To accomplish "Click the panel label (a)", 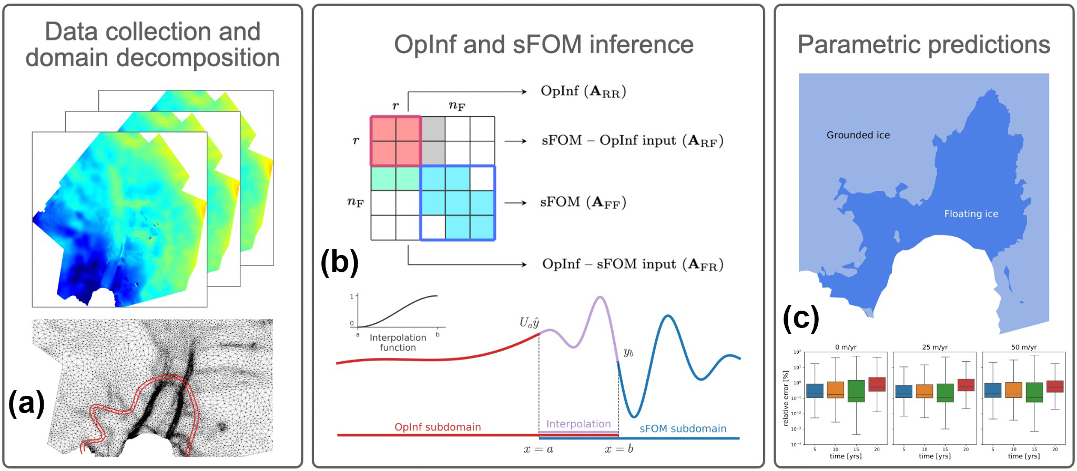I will click(x=26, y=404).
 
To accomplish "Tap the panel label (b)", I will click(x=340, y=262).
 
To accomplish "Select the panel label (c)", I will click(x=801, y=318).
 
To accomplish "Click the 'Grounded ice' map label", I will click(x=858, y=135).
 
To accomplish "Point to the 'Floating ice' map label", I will click(x=971, y=214).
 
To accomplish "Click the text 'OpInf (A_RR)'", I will click(x=583, y=91).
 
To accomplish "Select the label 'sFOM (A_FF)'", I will click(x=583, y=202).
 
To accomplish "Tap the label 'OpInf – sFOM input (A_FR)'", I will click(x=633, y=264).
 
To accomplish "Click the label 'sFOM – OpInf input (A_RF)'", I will click(x=633, y=141).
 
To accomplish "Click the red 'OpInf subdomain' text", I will click(x=438, y=427).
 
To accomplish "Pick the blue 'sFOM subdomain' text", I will click(x=683, y=429).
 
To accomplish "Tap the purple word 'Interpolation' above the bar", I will click(x=578, y=424).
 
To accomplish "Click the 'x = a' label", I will click(x=538, y=449).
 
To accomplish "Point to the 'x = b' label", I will click(x=618, y=449).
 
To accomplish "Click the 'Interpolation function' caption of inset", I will click(x=398, y=343).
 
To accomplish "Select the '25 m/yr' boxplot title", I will click(x=934, y=347).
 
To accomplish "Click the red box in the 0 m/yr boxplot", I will click(x=877, y=384).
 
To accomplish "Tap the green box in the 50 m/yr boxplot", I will click(x=1034, y=392).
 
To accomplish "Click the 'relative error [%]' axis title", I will click(x=786, y=398).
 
